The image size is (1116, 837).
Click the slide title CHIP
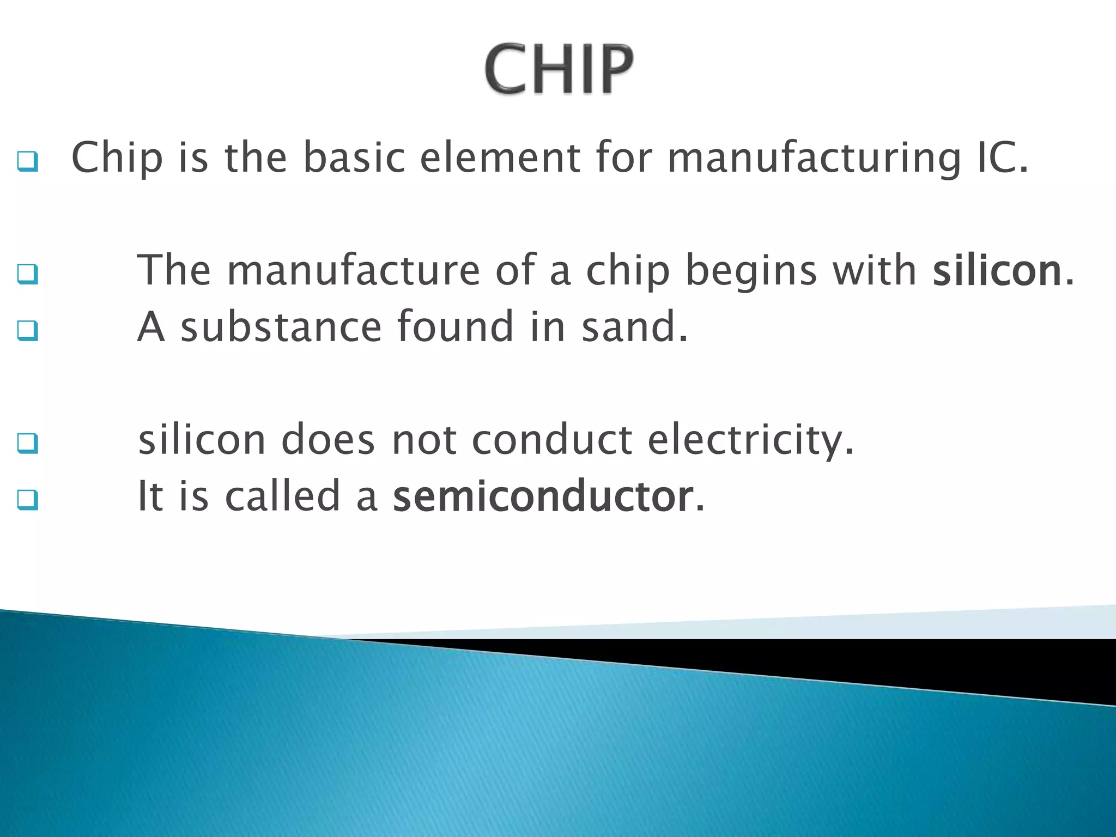pos(559,69)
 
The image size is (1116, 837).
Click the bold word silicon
pos(997,271)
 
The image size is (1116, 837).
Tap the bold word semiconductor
pos(543,496)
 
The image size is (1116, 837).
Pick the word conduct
pos(551,440)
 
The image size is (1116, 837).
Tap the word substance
pos(281,327)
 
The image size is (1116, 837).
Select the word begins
pos(751,271)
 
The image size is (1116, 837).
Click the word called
pos(282,496)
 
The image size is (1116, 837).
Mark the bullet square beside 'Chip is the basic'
pos(27,162)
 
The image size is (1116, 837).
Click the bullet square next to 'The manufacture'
pos(27,274)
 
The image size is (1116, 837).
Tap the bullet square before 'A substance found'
pos(27,331)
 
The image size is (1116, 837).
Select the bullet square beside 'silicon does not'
pos(27,444)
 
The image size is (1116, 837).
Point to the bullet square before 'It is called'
pos(27,500)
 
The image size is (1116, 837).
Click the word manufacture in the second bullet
pos(353,271)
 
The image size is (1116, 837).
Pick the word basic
pos(354,158)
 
